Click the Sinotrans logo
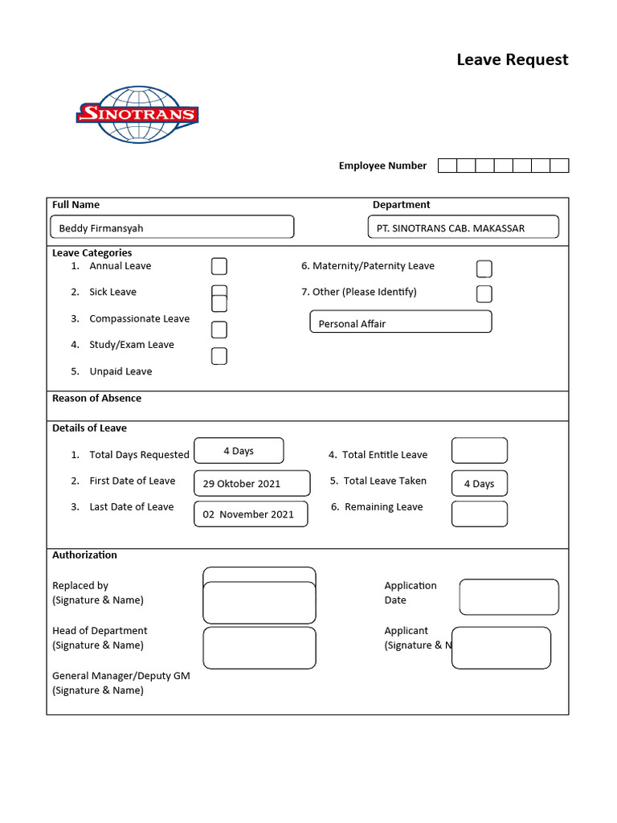coord(137,114)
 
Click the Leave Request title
coord(512,59)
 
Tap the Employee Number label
coord(382,166)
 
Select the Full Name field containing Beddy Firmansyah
coord(172,227)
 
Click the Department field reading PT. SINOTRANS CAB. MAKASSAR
coord(463,227)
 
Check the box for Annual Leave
coord(219,266)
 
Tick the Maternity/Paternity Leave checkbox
coord(484,268)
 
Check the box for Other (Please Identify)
coord(484,293)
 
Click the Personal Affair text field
coord(400,322)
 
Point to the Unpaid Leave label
coord(121,371)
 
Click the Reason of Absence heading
coord(96,398)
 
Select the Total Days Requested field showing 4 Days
coord(239,451)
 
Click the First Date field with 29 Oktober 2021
coord(251,483)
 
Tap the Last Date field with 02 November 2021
coord(251,514)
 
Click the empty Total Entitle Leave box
coord(479,451)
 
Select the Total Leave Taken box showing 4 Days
coord(479,483)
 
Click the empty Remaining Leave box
coord(479,514)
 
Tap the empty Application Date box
coord(509,597)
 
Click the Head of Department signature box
coord(259,648)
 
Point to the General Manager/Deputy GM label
coord(121,676)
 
